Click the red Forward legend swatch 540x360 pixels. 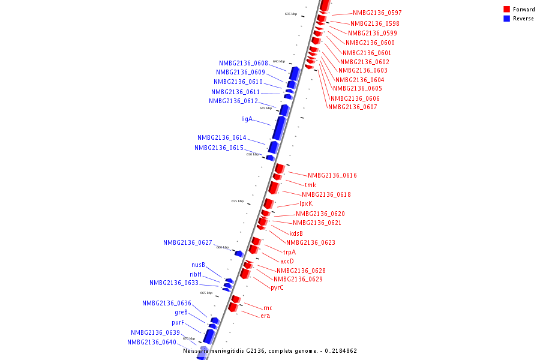(x=507, y=9)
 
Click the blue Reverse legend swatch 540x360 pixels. (x=507, y=19)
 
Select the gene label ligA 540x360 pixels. (x=247, y=119)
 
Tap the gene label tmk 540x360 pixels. (x=310, y=185)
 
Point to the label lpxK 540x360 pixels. (x=306, y=203)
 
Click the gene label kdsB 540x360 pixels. (x=296, y=233)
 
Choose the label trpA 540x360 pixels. (x=289, y=252)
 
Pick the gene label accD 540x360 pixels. (x=287, y=261)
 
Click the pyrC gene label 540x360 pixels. (x=277, y=287)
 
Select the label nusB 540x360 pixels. (x=199, y=265)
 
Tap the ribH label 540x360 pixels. (x=196, y=274)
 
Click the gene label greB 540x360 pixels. (x=181, y=312)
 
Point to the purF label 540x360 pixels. (x=178, y=322)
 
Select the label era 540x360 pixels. (x=265, y=316)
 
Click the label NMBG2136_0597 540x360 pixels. (x=377, y=13)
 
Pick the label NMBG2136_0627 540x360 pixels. (x=187, y=242)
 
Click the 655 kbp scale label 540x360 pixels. (x=238, y=201)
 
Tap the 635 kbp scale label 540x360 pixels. (x=291, y=14)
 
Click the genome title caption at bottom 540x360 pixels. (x=270, y=351)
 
